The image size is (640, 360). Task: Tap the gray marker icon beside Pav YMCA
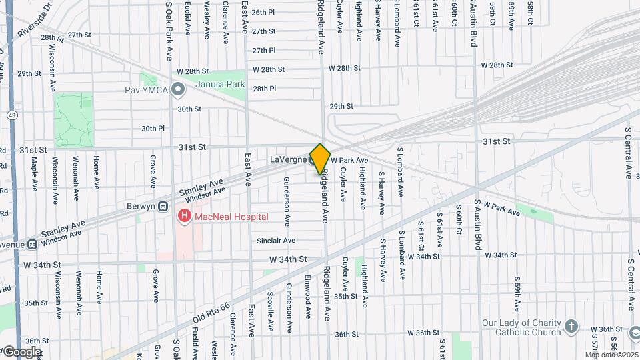(x=177, y=89)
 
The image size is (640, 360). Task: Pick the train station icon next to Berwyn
(x=163, y=206)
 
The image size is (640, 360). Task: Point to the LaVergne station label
(x=287, y=160)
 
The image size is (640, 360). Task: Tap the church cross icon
(x=571, y=326)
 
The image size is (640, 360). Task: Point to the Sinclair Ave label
(x=277, y=241)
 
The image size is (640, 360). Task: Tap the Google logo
(x=21, y=351)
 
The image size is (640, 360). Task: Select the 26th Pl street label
(x=263, y=12)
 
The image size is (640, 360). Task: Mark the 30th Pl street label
(x=153, y=129)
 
